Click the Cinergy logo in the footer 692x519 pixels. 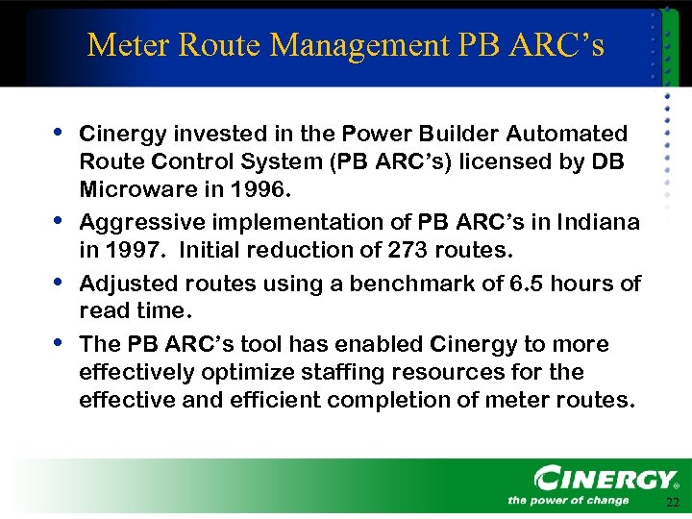pos(606,479)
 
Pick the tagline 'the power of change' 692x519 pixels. pos(568,500)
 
